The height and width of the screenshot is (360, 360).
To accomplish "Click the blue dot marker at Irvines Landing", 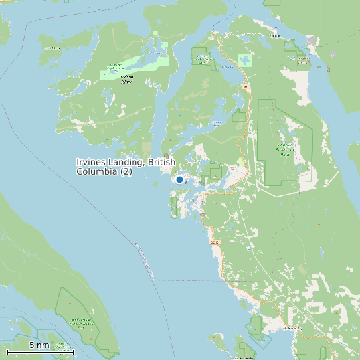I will coord(179,179).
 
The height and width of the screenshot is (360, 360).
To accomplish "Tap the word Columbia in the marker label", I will coord(97,172).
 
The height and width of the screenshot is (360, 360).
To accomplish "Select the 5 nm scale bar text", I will coord(39,345).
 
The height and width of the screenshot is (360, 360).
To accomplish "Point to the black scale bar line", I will coord(40,351).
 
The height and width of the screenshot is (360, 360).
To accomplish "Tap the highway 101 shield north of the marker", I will coord(245,87).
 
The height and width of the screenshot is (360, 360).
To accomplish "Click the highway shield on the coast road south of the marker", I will coord(214,243).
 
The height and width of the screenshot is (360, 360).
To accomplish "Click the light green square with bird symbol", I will coord(246,60).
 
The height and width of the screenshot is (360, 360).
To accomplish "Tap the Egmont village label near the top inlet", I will coord(276,28).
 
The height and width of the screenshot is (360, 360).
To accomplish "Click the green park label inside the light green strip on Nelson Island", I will coord(116,67).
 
